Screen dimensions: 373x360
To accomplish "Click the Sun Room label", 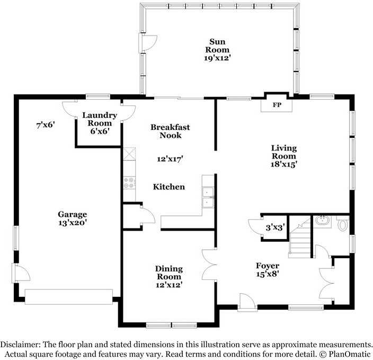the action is (217, 46).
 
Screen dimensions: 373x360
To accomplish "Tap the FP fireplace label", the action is (277, 105).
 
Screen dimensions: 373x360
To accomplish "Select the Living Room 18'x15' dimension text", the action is (284, 164).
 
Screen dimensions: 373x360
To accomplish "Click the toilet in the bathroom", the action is (343, 224).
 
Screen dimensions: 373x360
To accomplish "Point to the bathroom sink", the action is (322, 221).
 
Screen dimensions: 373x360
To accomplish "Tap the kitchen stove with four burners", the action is (129, 183).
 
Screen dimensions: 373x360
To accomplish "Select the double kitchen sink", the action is (208, 197).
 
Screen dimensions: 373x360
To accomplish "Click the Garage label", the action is (72, 214).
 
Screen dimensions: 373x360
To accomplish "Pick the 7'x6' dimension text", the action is (46, 125).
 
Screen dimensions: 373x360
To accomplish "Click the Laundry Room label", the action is (100, 119).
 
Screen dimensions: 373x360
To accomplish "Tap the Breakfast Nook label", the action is (170, 131).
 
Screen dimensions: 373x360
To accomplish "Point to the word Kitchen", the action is (169, 187).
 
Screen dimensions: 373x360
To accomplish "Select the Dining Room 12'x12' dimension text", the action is (169, 285).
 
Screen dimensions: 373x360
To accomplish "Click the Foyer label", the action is (268, 266).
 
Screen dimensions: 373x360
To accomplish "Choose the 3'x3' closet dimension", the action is (275, 227).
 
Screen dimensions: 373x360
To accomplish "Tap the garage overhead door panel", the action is (69, 297).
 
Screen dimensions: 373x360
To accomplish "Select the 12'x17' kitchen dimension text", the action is (170, 159).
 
